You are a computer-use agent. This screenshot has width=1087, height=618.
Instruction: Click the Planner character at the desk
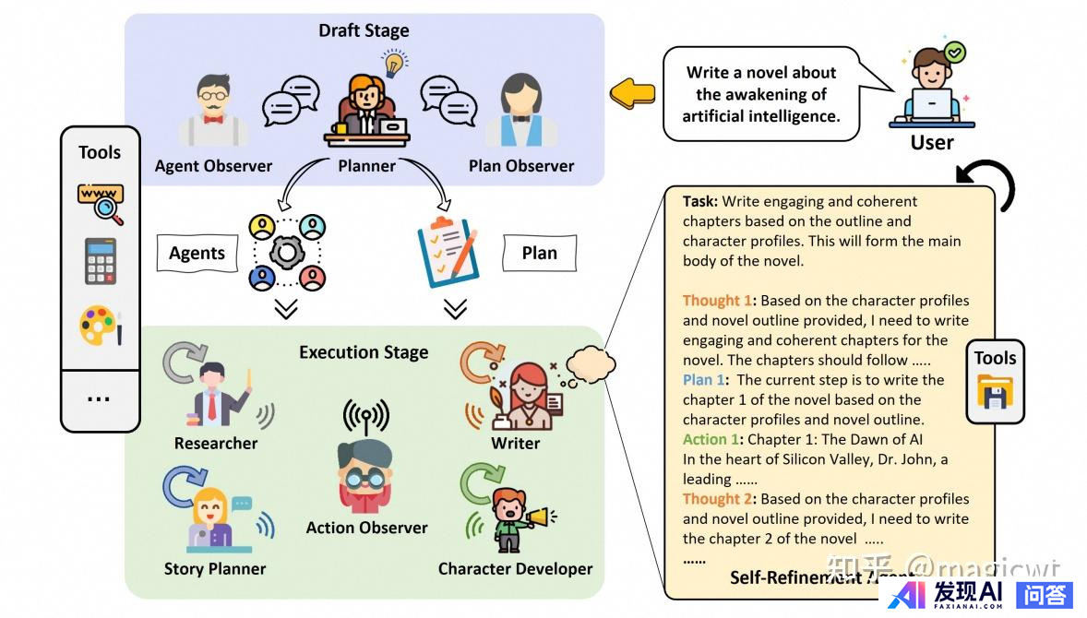[366, 109]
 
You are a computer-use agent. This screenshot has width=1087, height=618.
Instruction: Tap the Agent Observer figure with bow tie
[214, 113]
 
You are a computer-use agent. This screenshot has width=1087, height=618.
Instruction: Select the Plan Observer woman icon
[520, 113]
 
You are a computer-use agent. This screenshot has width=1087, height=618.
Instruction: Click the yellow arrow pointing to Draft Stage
[633, 93]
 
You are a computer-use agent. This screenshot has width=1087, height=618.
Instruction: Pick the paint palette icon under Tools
[100, 326]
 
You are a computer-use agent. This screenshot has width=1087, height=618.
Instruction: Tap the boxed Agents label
[197, 253]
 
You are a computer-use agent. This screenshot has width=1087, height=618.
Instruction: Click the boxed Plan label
[539, 253]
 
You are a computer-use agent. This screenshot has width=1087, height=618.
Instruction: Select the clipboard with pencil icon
[447, 246]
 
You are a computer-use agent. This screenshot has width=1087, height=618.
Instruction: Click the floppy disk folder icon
[995, 392]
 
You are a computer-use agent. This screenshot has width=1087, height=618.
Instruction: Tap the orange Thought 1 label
[717, 301]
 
